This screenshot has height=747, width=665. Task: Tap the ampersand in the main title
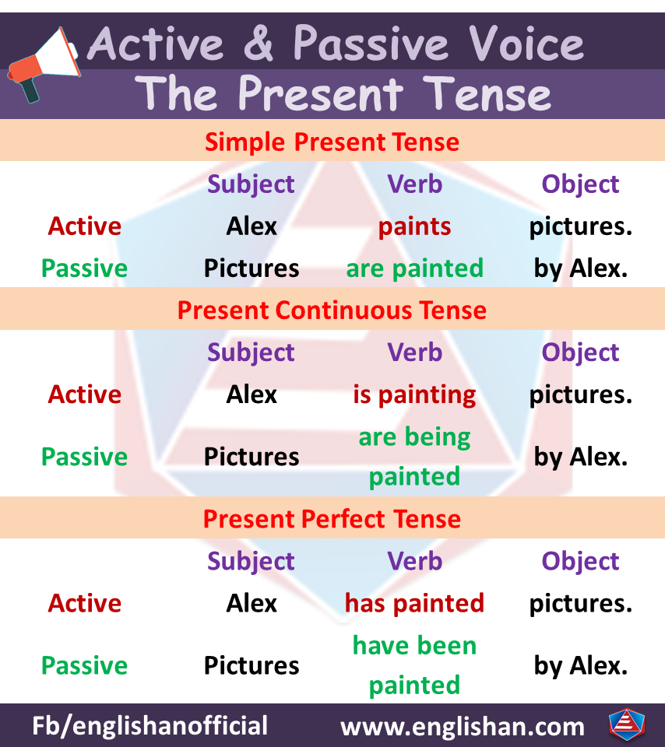[x=258, y=44]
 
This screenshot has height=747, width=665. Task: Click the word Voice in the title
[x=526, y=44]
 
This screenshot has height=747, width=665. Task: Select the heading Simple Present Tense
[x=332, y=142]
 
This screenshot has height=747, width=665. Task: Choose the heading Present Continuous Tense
[x=332, y=310]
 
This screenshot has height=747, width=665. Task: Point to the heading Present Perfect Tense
[x=332, y=519]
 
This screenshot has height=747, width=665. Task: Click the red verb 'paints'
[x=415, y=226]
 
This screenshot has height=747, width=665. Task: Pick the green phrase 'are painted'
[x=415, y=268]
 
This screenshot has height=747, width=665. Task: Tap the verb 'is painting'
[x=415, y=395]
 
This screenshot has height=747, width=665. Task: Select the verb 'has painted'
[x=415, y=603]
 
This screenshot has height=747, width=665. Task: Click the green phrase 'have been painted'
[x=415, y=665]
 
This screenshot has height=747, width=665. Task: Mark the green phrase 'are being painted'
[x=415, y=457]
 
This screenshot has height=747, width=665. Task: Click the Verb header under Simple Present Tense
[x=415, y=184]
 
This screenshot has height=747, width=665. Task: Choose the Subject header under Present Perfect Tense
[x=252, y=562]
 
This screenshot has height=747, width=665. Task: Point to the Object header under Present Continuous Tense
[x=581, y=353]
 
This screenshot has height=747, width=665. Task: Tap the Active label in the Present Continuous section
[x=85, y=395]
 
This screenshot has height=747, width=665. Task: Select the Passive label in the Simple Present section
[x=84, y=268]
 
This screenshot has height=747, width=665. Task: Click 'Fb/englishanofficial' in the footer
[x=150, y=726]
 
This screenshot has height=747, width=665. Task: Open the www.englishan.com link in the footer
[x=463, y=727]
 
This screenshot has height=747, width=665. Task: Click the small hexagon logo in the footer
[x=627, y=725]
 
